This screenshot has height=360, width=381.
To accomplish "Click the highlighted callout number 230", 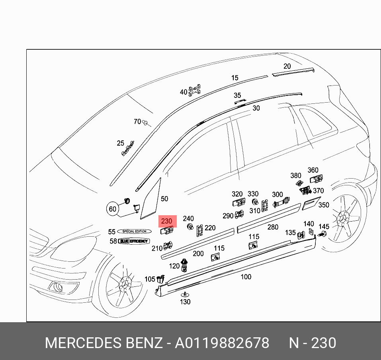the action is [166, 221].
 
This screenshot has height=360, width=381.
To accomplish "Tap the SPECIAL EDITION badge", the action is [135, 231].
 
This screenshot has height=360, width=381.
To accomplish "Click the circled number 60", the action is [113, 209].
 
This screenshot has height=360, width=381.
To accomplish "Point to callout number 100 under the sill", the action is [246, 277].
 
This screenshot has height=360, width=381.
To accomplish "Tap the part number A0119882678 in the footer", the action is [222, 343].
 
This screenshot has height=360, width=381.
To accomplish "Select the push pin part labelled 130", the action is [185, 295].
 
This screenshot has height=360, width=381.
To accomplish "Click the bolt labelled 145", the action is [323, 234].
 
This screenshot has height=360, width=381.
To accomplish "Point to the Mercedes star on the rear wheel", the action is [343, 218].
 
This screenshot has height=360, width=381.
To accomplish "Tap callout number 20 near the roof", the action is [287, 66].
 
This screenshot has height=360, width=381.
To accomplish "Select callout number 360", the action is [313, 170].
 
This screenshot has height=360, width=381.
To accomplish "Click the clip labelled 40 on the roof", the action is [195, 90].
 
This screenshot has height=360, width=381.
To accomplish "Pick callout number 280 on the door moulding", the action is [273, 227].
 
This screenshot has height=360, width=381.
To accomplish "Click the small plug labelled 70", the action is [145, 123].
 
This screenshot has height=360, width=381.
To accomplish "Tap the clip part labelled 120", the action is [184, 264].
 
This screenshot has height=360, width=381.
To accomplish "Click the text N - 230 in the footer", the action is [313, 343].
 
